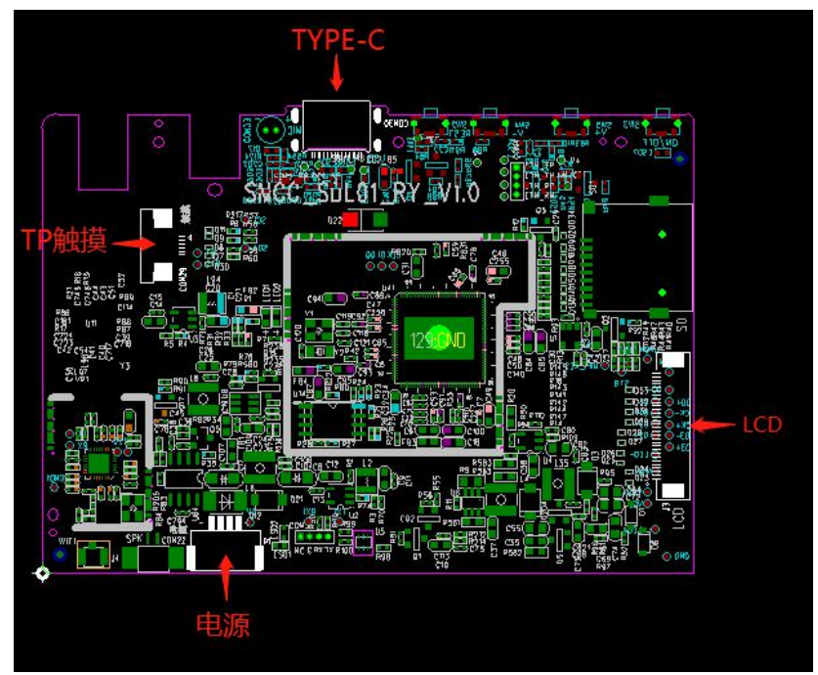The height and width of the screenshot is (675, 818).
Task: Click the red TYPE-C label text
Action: click(x=339, y=39)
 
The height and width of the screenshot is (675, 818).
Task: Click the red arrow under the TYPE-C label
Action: click(x=338, y=74)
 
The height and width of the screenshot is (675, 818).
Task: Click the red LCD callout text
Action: click(x=761, y=425)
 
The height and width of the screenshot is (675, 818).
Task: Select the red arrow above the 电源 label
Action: click(x=227, y=577)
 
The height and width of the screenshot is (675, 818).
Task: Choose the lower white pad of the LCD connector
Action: click(x=673, y=490)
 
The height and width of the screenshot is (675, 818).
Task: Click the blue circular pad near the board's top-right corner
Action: click(x=680, y=157)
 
